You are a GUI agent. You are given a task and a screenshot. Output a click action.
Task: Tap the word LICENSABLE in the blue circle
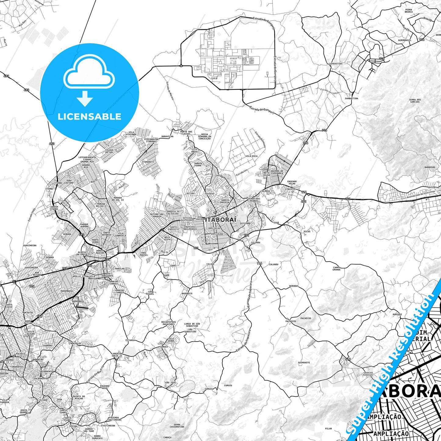[89, 117]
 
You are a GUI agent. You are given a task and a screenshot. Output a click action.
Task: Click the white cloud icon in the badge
[89, 74]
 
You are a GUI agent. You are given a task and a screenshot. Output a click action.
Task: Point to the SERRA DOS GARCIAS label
[415, 101]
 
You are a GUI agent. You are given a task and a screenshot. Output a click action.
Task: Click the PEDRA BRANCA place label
[409, 11]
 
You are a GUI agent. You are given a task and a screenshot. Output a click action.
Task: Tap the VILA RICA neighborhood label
[251, 156]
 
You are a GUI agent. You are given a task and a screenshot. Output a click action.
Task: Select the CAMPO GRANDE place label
[336, 269]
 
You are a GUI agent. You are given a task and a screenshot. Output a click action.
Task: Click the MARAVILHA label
[167, 136]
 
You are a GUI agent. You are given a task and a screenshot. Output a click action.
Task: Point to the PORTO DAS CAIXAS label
[186, 133]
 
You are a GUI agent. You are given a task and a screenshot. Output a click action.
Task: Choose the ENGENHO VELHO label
[292, 183]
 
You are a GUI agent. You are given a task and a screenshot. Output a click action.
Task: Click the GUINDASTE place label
[304, 363]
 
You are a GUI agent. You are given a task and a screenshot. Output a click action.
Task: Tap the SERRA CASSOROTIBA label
[177, 426]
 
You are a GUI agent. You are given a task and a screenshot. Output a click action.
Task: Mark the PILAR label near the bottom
[328, 428]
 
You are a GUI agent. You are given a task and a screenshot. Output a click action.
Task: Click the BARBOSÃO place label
[430, 167]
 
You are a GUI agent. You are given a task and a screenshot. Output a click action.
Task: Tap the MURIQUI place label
[397, 314]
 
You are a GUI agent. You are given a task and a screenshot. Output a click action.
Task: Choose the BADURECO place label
[187, 294]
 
